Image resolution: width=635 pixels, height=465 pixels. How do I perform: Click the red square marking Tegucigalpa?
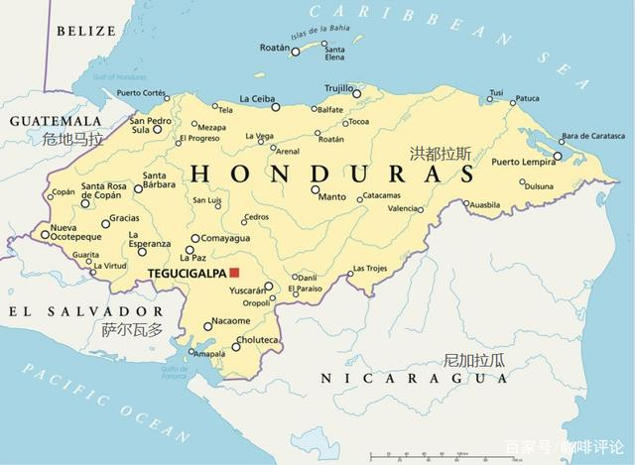pyautogui.click(x=234, y=272)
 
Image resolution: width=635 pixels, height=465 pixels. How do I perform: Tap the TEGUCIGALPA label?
pyautogui.click(x=186, y=273)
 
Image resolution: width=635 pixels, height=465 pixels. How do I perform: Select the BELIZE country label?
pyautogui.click(x=86, y=31)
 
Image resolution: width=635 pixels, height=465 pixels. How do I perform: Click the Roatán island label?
pyautogui.click(x=274, y=47)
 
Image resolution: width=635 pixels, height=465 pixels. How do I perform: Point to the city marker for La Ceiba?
pyautogui.click(x=277, y=107)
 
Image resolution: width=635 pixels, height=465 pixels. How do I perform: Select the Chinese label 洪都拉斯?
pyautogui.click(x=440, y=153)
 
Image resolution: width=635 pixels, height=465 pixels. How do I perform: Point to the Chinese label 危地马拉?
pyautogui.click(x=72, y=140)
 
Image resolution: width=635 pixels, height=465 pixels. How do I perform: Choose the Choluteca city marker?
pyautogui.click(x=236, y=346)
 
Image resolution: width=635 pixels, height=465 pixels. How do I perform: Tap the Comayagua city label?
pyautogui.click(x=224, y=238)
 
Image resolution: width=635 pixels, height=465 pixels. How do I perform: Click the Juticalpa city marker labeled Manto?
pyautogui.click(x=316, y=188)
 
